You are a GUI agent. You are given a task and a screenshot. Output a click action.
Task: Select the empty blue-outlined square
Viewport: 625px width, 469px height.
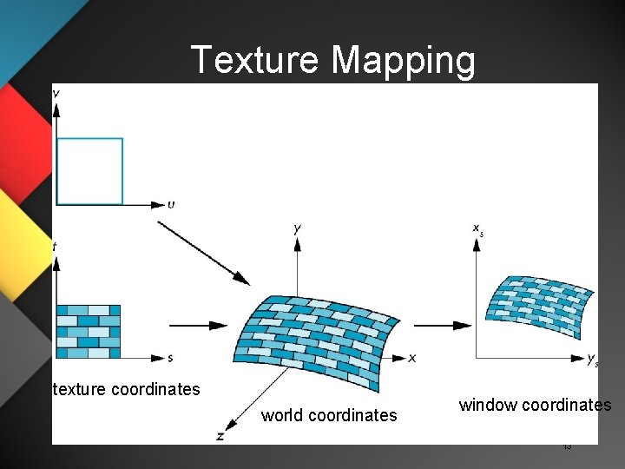coord(89,171)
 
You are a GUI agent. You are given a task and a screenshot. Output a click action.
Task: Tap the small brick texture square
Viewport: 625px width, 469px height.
coord(89,331)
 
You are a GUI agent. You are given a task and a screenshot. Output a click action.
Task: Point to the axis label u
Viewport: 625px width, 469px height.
coord(171,205)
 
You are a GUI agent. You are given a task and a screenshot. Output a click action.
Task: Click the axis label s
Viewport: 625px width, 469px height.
coord(170,358)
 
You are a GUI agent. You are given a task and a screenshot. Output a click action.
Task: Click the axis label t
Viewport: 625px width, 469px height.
coord(55,247)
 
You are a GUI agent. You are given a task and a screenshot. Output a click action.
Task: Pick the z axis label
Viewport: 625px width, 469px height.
coord(220,436)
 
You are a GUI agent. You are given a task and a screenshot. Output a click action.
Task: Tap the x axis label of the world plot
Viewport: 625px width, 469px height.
coord(411,358)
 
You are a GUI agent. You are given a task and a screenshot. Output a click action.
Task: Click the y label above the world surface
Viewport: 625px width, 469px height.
coord(298,228)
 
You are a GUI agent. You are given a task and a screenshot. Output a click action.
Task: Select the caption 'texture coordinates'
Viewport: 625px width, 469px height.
coord(127,389)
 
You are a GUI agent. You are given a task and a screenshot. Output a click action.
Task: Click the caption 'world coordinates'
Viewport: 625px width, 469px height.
coord(329,415)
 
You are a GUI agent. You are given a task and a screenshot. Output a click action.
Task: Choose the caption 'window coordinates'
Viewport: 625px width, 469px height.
coord(535,405)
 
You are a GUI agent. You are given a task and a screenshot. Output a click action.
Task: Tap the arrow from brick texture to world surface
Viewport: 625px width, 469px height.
coord(198,326)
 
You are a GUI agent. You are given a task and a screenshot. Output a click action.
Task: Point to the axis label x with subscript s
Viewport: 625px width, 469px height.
coord(477,229)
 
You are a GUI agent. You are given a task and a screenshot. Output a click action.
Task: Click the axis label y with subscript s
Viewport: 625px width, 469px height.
coord(592,359)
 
